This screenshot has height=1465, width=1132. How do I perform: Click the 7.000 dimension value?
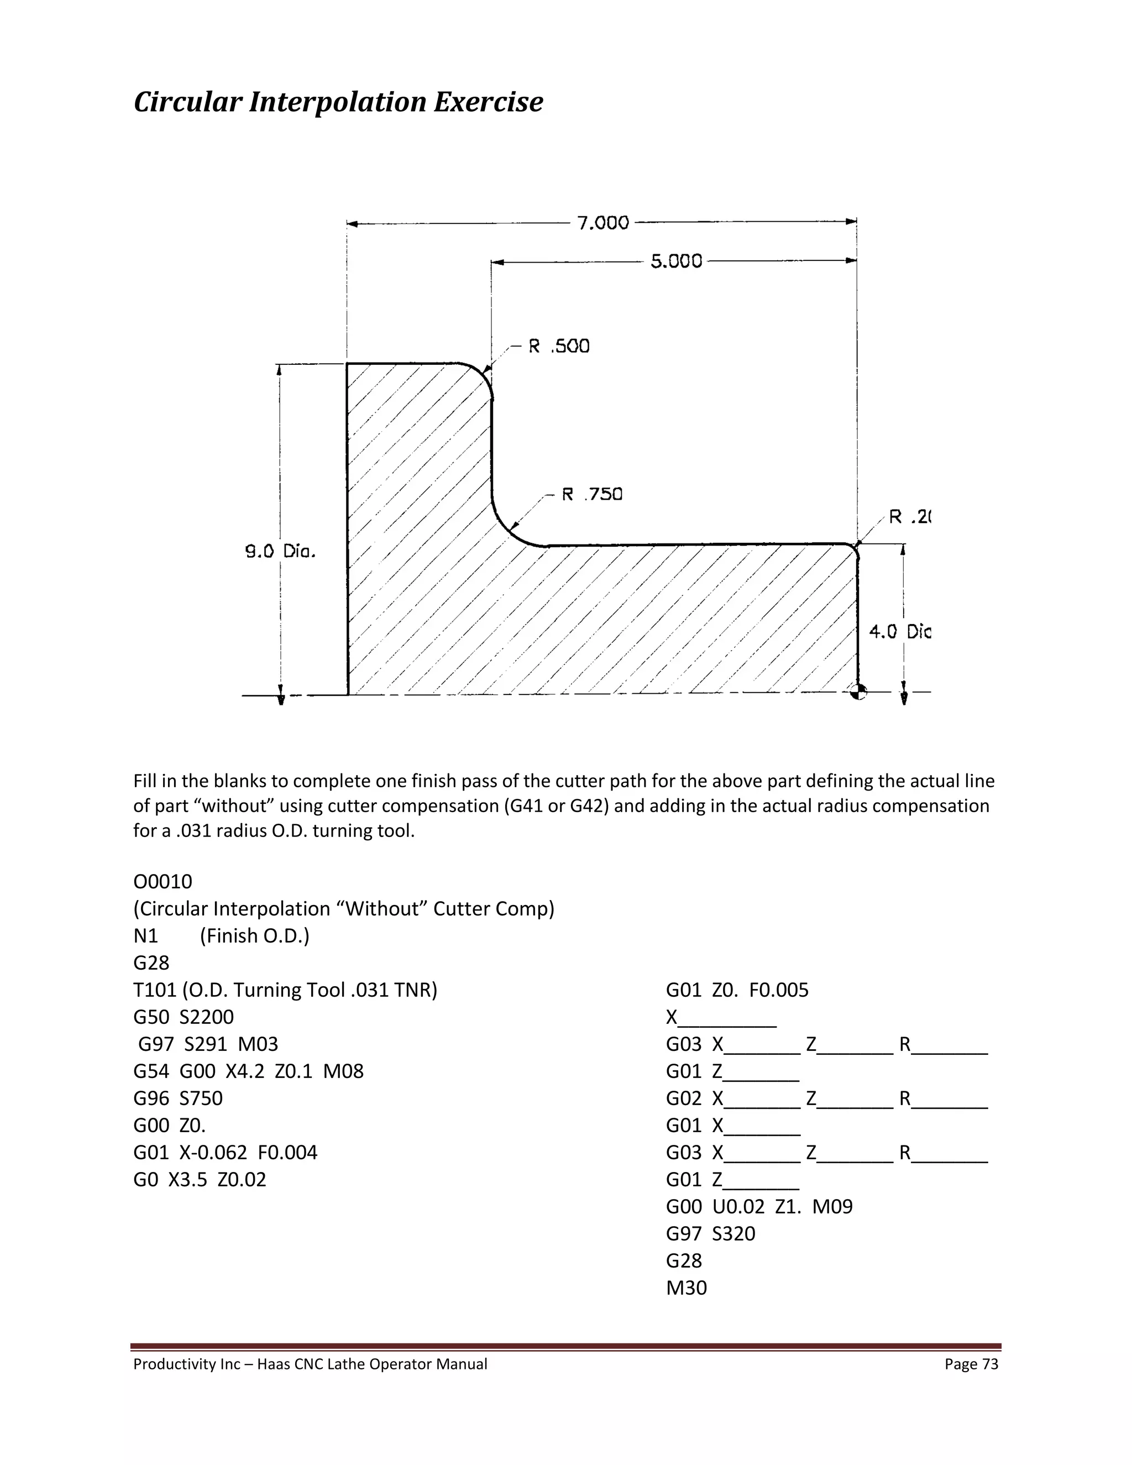(603, 223)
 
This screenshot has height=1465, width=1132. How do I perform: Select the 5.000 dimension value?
(676, 261)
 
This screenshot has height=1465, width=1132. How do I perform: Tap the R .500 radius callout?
(559, 346)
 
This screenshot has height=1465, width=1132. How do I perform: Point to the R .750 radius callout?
(591, 494)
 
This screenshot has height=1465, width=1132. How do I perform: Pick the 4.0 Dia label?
(899, 631)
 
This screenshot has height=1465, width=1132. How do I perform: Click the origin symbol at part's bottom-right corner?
(858, 692)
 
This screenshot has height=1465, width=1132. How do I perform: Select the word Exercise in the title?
(488, 102)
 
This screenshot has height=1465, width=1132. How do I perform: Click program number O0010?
(163, 881)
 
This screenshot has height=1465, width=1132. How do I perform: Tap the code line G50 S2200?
(184, 1017)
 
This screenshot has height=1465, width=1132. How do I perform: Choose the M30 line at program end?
(686, 1287)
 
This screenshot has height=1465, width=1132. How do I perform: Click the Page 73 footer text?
(971, 1364)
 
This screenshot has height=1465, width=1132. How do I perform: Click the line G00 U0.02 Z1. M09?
(759, 1206)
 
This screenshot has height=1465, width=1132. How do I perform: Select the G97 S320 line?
(710, 1233)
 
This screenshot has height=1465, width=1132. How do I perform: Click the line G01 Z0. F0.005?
(737, 990)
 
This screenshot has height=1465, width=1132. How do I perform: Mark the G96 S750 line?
(178, 1098)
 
